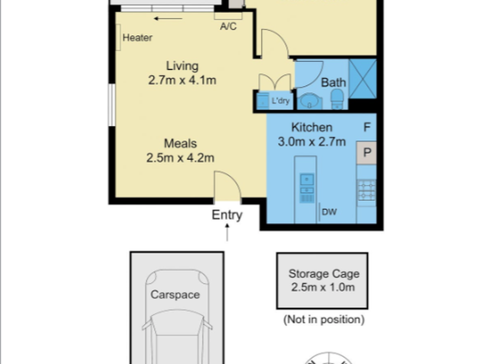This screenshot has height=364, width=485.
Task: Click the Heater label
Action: (137, 38)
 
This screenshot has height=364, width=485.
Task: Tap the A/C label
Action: (228, 26)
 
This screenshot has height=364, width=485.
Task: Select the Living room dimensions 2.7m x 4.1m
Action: (182, 80)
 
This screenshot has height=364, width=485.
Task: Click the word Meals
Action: (180, 144)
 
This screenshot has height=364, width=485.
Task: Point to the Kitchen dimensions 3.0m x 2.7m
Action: (312, 142)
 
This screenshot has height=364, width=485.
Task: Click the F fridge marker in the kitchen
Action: (367, 127)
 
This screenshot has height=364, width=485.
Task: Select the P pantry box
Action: (367, 153)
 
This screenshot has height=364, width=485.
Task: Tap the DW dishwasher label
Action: (329, 212)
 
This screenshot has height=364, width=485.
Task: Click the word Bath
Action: (333, 83)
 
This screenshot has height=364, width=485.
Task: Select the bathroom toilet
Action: (337, 99)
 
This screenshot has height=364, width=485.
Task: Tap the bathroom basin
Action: (309, 101)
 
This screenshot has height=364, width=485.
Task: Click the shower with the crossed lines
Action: (363, 79)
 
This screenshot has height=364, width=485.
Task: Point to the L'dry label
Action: (280, 101)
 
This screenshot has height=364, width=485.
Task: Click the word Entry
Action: (227, 215)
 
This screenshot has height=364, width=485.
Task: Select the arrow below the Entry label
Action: (227, 232)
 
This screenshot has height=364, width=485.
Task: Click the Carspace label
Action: (175, 294)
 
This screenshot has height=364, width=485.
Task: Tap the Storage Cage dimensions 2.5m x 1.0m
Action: (323, 287)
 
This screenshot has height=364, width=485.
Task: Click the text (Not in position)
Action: (324, 320)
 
